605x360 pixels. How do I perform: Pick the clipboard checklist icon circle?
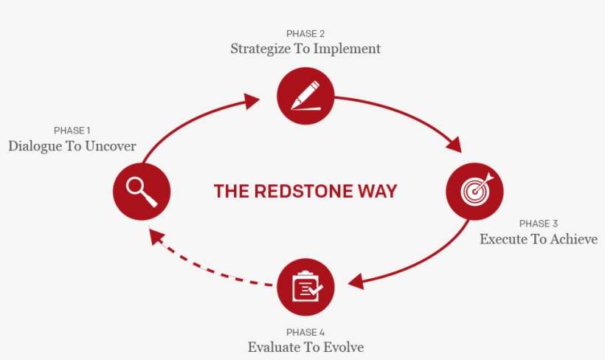click(x=305, y=287)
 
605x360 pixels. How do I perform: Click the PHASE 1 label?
click(x=72, y=131)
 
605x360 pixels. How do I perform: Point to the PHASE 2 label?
click(x=305, y=34)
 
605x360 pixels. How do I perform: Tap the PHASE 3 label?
click(x=539, y=224)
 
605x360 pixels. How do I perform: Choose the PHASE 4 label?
click(x=305, y=331)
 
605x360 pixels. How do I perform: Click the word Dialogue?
click(x=35, y=146)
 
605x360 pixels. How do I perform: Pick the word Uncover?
click(x=111, y=146)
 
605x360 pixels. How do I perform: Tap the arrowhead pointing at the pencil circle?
click(x=252, y=98)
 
